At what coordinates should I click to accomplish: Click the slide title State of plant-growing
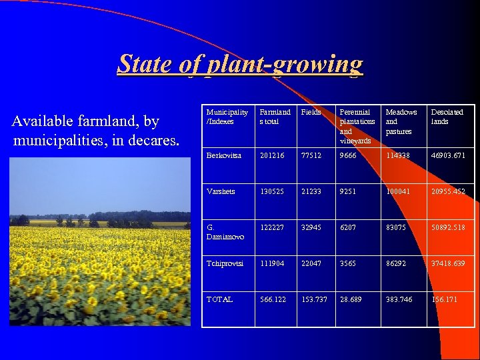[x=240, y=65]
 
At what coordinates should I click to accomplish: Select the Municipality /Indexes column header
[x=227, y=117]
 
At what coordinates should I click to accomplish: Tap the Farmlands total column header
[x=275, y=117]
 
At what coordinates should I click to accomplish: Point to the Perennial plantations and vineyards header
[x=357, y=126]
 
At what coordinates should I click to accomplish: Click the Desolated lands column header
[x=447, y=117]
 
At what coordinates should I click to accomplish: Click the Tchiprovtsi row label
[x=225, y=263]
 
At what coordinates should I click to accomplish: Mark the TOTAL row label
[x=219, y=299]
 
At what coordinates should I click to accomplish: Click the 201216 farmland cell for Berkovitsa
[x=272, y=155]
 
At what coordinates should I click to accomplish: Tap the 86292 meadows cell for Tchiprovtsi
[x=398, y=263]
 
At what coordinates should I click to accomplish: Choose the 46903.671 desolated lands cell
[x=448, y=155]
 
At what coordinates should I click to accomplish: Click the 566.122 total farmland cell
[x=273, y=299]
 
